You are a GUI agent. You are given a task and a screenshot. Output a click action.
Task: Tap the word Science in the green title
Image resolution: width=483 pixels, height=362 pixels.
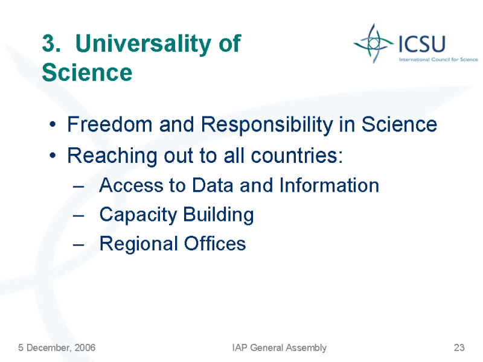[x=87, y=72]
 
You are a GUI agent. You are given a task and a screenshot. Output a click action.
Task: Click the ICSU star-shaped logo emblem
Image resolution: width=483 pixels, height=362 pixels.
[x=373, y=43]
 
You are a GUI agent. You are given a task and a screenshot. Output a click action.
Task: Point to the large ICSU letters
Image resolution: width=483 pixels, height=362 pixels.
[x=422, y=43]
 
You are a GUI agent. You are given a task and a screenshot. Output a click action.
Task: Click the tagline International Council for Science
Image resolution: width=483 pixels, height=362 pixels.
[x=438, y=59]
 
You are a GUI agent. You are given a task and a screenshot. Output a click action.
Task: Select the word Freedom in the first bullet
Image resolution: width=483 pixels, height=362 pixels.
[x=110, y=124]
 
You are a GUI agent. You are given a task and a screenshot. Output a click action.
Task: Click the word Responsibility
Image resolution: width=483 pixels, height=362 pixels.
[x=267, y=125]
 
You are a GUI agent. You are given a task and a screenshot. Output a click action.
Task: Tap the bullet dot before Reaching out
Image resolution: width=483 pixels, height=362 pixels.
[x=53, y=156]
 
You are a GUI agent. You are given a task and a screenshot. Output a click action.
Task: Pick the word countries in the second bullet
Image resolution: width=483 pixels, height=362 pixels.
[x=296, y=156]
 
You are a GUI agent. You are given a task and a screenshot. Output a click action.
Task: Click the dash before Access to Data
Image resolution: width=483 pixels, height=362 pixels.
[x=78, y=186]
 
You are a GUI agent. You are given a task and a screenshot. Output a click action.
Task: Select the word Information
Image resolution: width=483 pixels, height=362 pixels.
[x=329, y=185]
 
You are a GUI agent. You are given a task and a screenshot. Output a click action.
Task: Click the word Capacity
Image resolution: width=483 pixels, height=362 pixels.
[x=138, y=215]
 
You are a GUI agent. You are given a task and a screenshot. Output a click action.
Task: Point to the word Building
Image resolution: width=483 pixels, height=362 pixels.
[x=219, y=215]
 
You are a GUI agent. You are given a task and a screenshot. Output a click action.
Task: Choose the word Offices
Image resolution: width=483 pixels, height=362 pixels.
[x=215, y=244]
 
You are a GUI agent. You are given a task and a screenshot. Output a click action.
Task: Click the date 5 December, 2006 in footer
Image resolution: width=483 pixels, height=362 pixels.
[x=57, y=348]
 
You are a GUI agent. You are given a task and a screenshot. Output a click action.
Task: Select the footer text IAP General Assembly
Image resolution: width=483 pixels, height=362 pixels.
[x=280, y=348]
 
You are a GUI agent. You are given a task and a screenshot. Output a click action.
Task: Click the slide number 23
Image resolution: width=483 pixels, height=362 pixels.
[x=459, y=348]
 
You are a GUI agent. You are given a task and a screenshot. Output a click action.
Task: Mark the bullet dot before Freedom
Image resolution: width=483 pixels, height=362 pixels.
[x=53, y=125]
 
